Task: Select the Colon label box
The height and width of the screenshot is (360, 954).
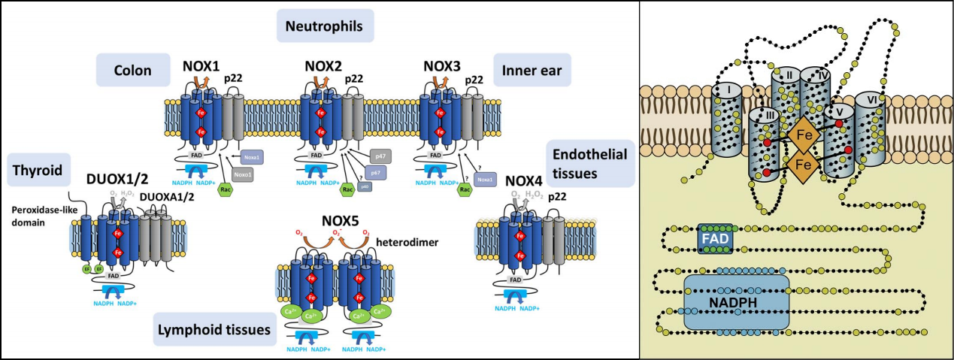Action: (133, 71)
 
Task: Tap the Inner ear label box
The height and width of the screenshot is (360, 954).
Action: (532, 71)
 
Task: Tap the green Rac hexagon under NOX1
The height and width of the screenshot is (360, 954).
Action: (225, 189)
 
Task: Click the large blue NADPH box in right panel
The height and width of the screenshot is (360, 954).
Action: (736, 301)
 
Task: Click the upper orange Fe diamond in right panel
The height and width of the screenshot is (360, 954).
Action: (804, 136)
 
